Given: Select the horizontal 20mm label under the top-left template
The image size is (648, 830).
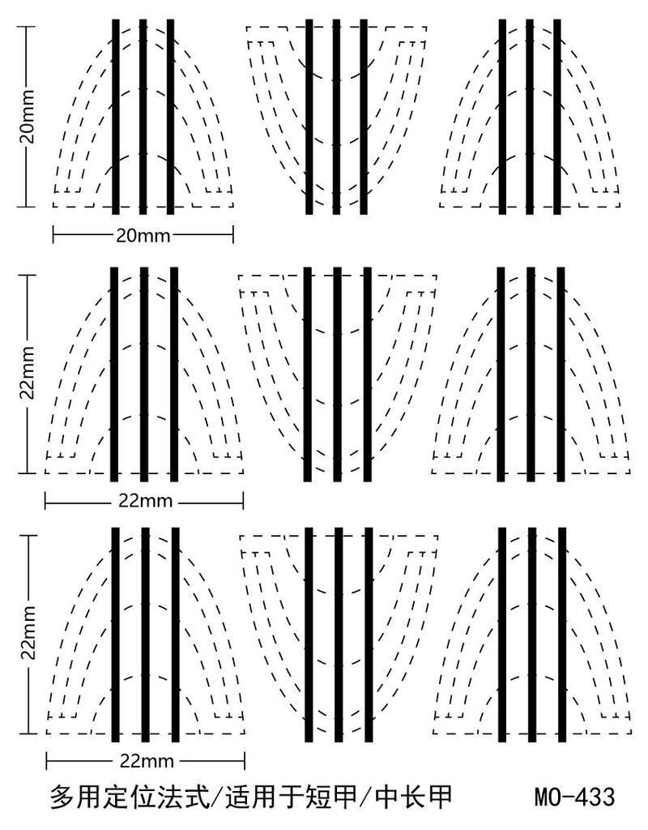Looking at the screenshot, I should pyautogui.click(x=143, y=235).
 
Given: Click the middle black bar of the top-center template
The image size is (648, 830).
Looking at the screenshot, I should pyautogui.click(x=335, y=117).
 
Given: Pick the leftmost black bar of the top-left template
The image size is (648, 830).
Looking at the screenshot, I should pyautogui.click(x=115, y=117).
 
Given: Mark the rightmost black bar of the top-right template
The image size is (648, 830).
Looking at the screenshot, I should pyautogui.click(x=558, y=117).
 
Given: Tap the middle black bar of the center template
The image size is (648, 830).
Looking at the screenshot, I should pyautogui.click(x=337, y=374).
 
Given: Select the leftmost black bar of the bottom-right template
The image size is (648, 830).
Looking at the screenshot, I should pyautogui.click(x=501, y=634).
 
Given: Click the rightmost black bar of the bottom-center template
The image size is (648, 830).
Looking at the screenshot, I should pyautogui.click(x=368, y=634).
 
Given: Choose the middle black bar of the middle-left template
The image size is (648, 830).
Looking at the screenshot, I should pyautogui.click(x=144, y=374).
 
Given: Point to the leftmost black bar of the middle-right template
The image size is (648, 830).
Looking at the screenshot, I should pyautogui.click(x=501, y=374).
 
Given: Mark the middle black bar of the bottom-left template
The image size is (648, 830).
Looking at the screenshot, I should pyautogui.click(x=145, y=634).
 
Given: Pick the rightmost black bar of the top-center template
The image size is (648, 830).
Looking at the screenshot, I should pyautogui.click(x=364, y=117).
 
